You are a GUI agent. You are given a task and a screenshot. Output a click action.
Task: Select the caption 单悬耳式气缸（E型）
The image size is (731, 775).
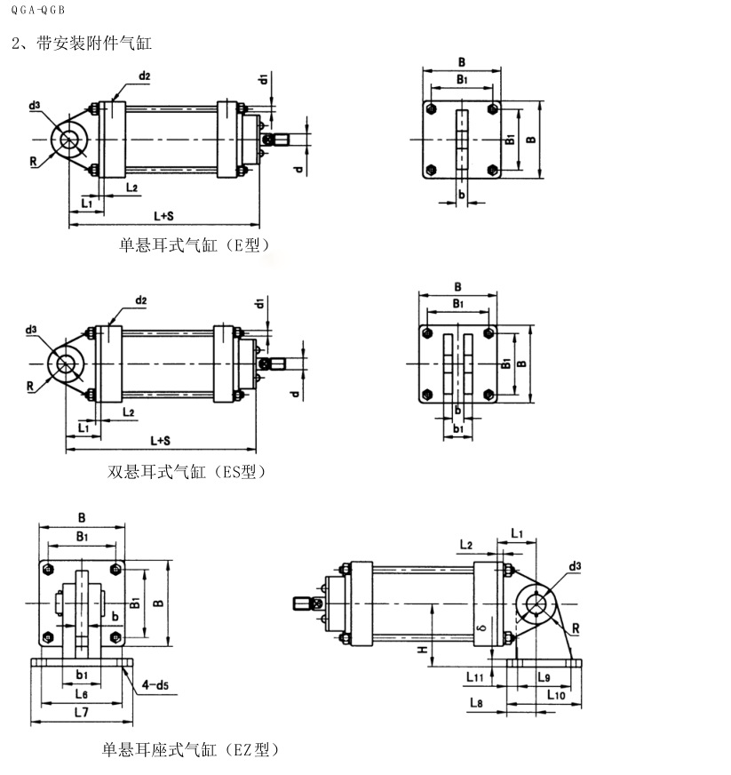[195, 244]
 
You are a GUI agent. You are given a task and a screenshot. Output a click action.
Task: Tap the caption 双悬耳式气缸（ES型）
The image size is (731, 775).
[187, 472]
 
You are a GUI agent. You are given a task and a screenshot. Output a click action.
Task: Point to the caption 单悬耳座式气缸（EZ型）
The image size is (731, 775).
[191, 750]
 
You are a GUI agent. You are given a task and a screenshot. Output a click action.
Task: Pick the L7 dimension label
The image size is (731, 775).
[81, 713]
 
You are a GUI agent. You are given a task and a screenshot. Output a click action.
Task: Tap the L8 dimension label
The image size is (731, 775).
[475, 703]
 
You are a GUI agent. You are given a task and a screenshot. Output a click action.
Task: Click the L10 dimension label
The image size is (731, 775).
[557, 693]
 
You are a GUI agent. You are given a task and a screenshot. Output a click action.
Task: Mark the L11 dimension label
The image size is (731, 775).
[475, 677]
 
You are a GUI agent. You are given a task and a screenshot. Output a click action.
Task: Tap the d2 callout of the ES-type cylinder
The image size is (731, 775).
[141, 301]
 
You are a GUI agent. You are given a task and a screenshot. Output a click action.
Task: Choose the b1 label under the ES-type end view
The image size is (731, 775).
[458, 429]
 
